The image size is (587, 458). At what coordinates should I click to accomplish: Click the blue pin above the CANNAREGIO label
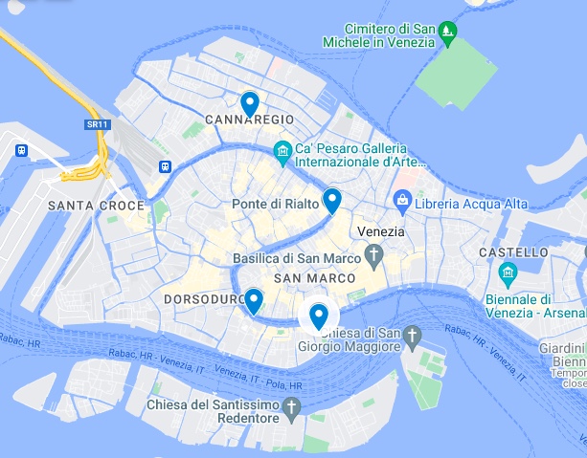click(250, 101)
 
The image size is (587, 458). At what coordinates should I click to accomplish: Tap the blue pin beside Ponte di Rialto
click(331, 200)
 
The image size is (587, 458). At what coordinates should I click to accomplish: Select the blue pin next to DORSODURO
click(253, 300)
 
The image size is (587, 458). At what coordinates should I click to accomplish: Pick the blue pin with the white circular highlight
click(319, 315)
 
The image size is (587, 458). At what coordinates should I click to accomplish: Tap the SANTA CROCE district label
click(96, 206)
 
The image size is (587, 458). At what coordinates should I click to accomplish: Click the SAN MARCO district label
click(314, 278)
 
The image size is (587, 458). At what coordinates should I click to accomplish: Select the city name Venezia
click(382, 232)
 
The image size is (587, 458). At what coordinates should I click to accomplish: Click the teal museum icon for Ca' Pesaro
click(282, 150)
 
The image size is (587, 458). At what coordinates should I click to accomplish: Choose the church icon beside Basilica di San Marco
click(373, 256)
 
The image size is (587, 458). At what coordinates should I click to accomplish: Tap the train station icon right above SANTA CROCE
click(166, 166)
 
